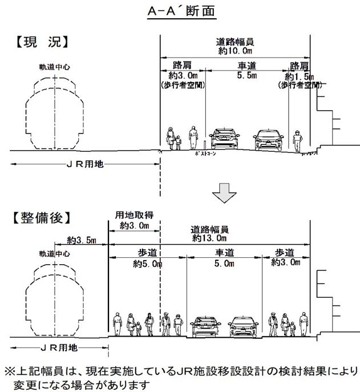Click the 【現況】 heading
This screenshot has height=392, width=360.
pyautogui.click(x=39, y=41)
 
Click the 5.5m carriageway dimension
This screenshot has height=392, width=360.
pyautogui.click(x=246, y=75)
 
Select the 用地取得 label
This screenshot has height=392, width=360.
pyautogui.click(x=134, y=216)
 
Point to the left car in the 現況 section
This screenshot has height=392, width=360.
pyautogui.click(x=223, y=139)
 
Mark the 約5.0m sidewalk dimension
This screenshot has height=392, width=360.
pyautogui.click(x=148, y=263)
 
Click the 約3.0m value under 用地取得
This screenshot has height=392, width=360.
pyautogui.click(x=134, y=226)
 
